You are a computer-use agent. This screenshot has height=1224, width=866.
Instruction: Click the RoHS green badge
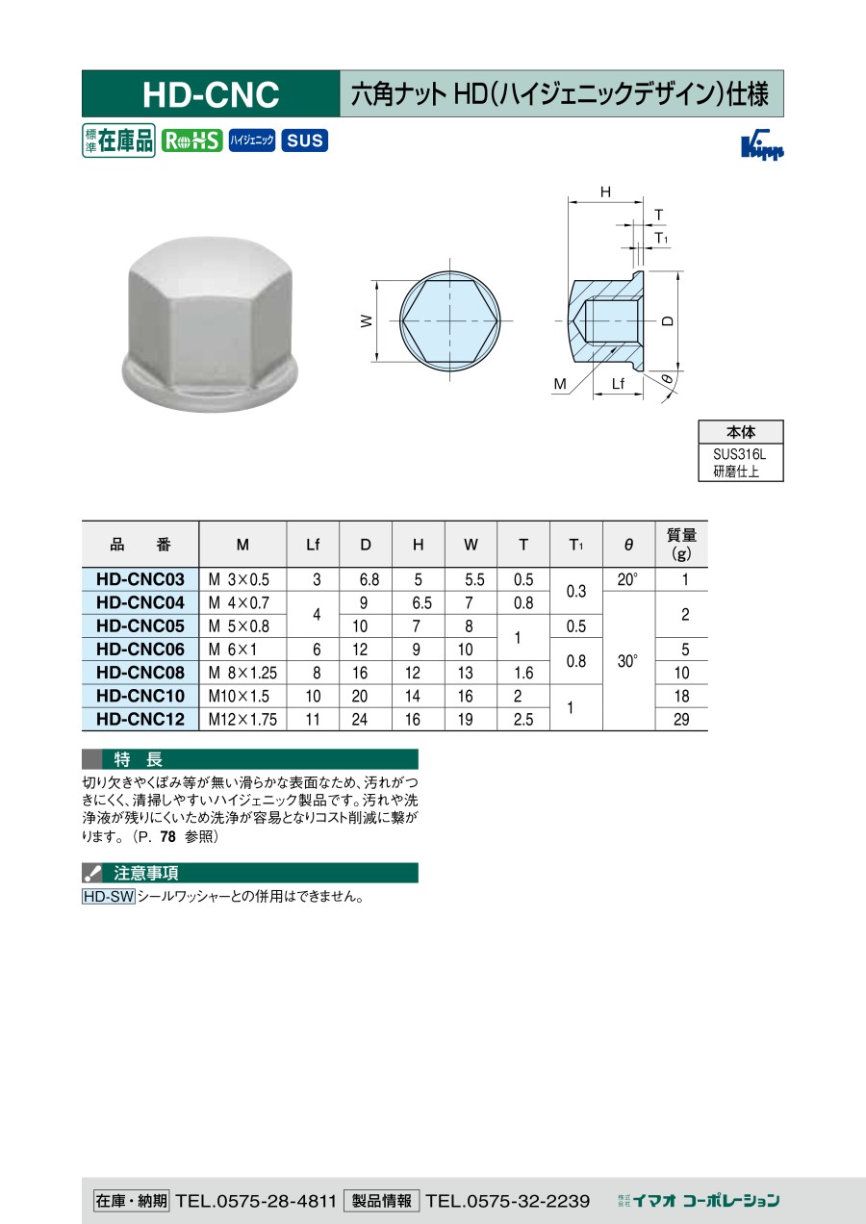click(191, 140)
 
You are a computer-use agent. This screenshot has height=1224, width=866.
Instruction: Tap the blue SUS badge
click(304, 140)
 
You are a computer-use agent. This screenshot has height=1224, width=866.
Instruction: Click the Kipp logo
click(762, 144)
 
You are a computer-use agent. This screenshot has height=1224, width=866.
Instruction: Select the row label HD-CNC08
click(140, 673)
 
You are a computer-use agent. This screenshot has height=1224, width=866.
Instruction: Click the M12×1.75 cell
click(242, 719)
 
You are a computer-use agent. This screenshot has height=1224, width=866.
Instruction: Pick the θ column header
click(628, 545)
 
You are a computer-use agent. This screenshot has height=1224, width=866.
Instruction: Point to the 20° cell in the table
click(627, 579)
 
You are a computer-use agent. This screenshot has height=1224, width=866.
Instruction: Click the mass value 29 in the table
click(681, 719)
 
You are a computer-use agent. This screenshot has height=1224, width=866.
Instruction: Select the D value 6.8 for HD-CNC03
click(369, 579)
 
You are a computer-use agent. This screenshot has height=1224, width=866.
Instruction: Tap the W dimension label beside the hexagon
click(367, 320)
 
